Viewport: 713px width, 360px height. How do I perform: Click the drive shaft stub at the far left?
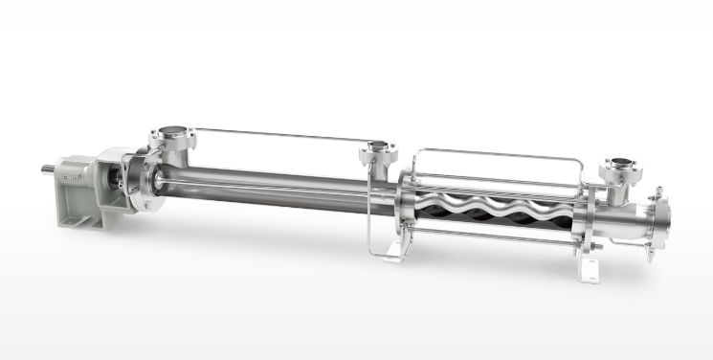(47, 171)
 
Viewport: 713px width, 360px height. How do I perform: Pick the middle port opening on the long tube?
(375, 150)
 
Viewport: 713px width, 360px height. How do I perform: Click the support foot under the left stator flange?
(394, 251)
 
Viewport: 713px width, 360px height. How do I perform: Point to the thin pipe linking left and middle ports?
(278, 135)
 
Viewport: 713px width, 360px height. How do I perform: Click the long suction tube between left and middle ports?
(268, 186)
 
